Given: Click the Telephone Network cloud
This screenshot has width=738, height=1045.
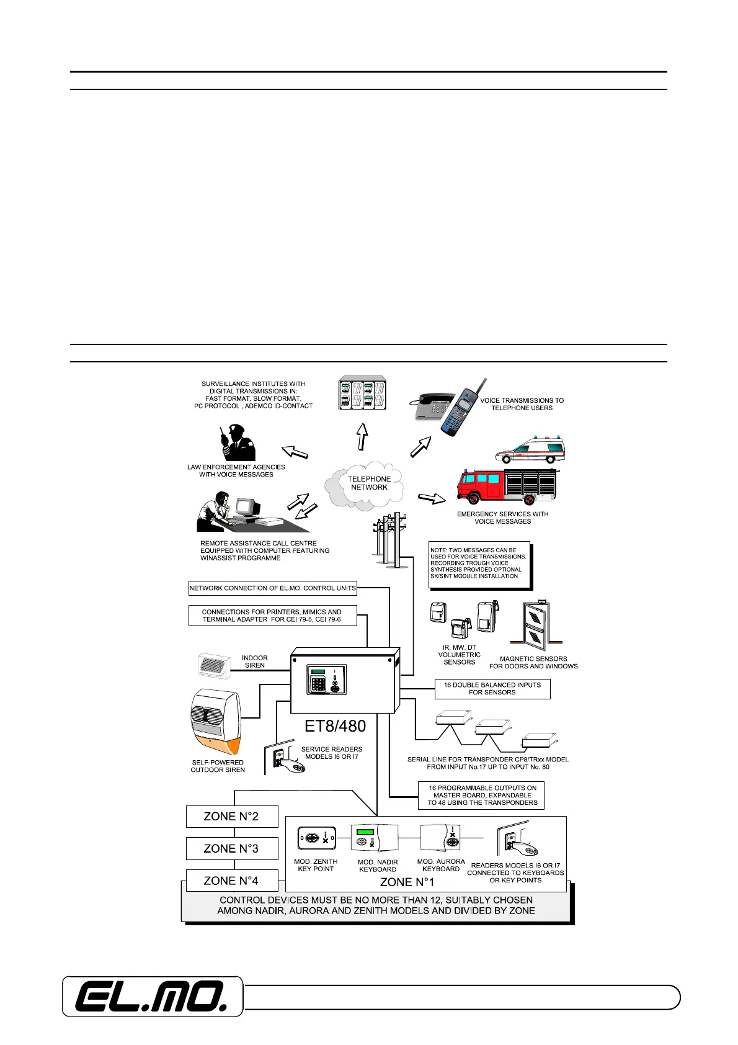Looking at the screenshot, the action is [368, 483].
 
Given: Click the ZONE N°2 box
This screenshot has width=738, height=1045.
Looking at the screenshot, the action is [231, 817].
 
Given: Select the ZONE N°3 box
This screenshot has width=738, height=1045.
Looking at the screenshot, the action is [231, 848].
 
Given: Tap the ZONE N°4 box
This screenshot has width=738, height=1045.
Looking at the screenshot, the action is [231, 881].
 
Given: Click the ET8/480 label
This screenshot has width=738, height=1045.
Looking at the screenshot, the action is [335, 725].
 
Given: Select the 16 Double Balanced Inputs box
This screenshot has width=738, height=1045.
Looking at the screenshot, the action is [492, 689].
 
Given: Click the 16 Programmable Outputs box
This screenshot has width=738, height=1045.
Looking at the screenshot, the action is [482, 795].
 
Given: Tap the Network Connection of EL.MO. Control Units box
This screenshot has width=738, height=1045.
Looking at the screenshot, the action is [273, 588].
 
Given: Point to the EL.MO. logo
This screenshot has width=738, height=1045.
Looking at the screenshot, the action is [152, 997].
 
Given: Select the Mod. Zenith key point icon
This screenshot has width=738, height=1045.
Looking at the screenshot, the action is [316, 838].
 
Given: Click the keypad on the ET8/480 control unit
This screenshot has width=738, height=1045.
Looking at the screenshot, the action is [318, 684].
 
